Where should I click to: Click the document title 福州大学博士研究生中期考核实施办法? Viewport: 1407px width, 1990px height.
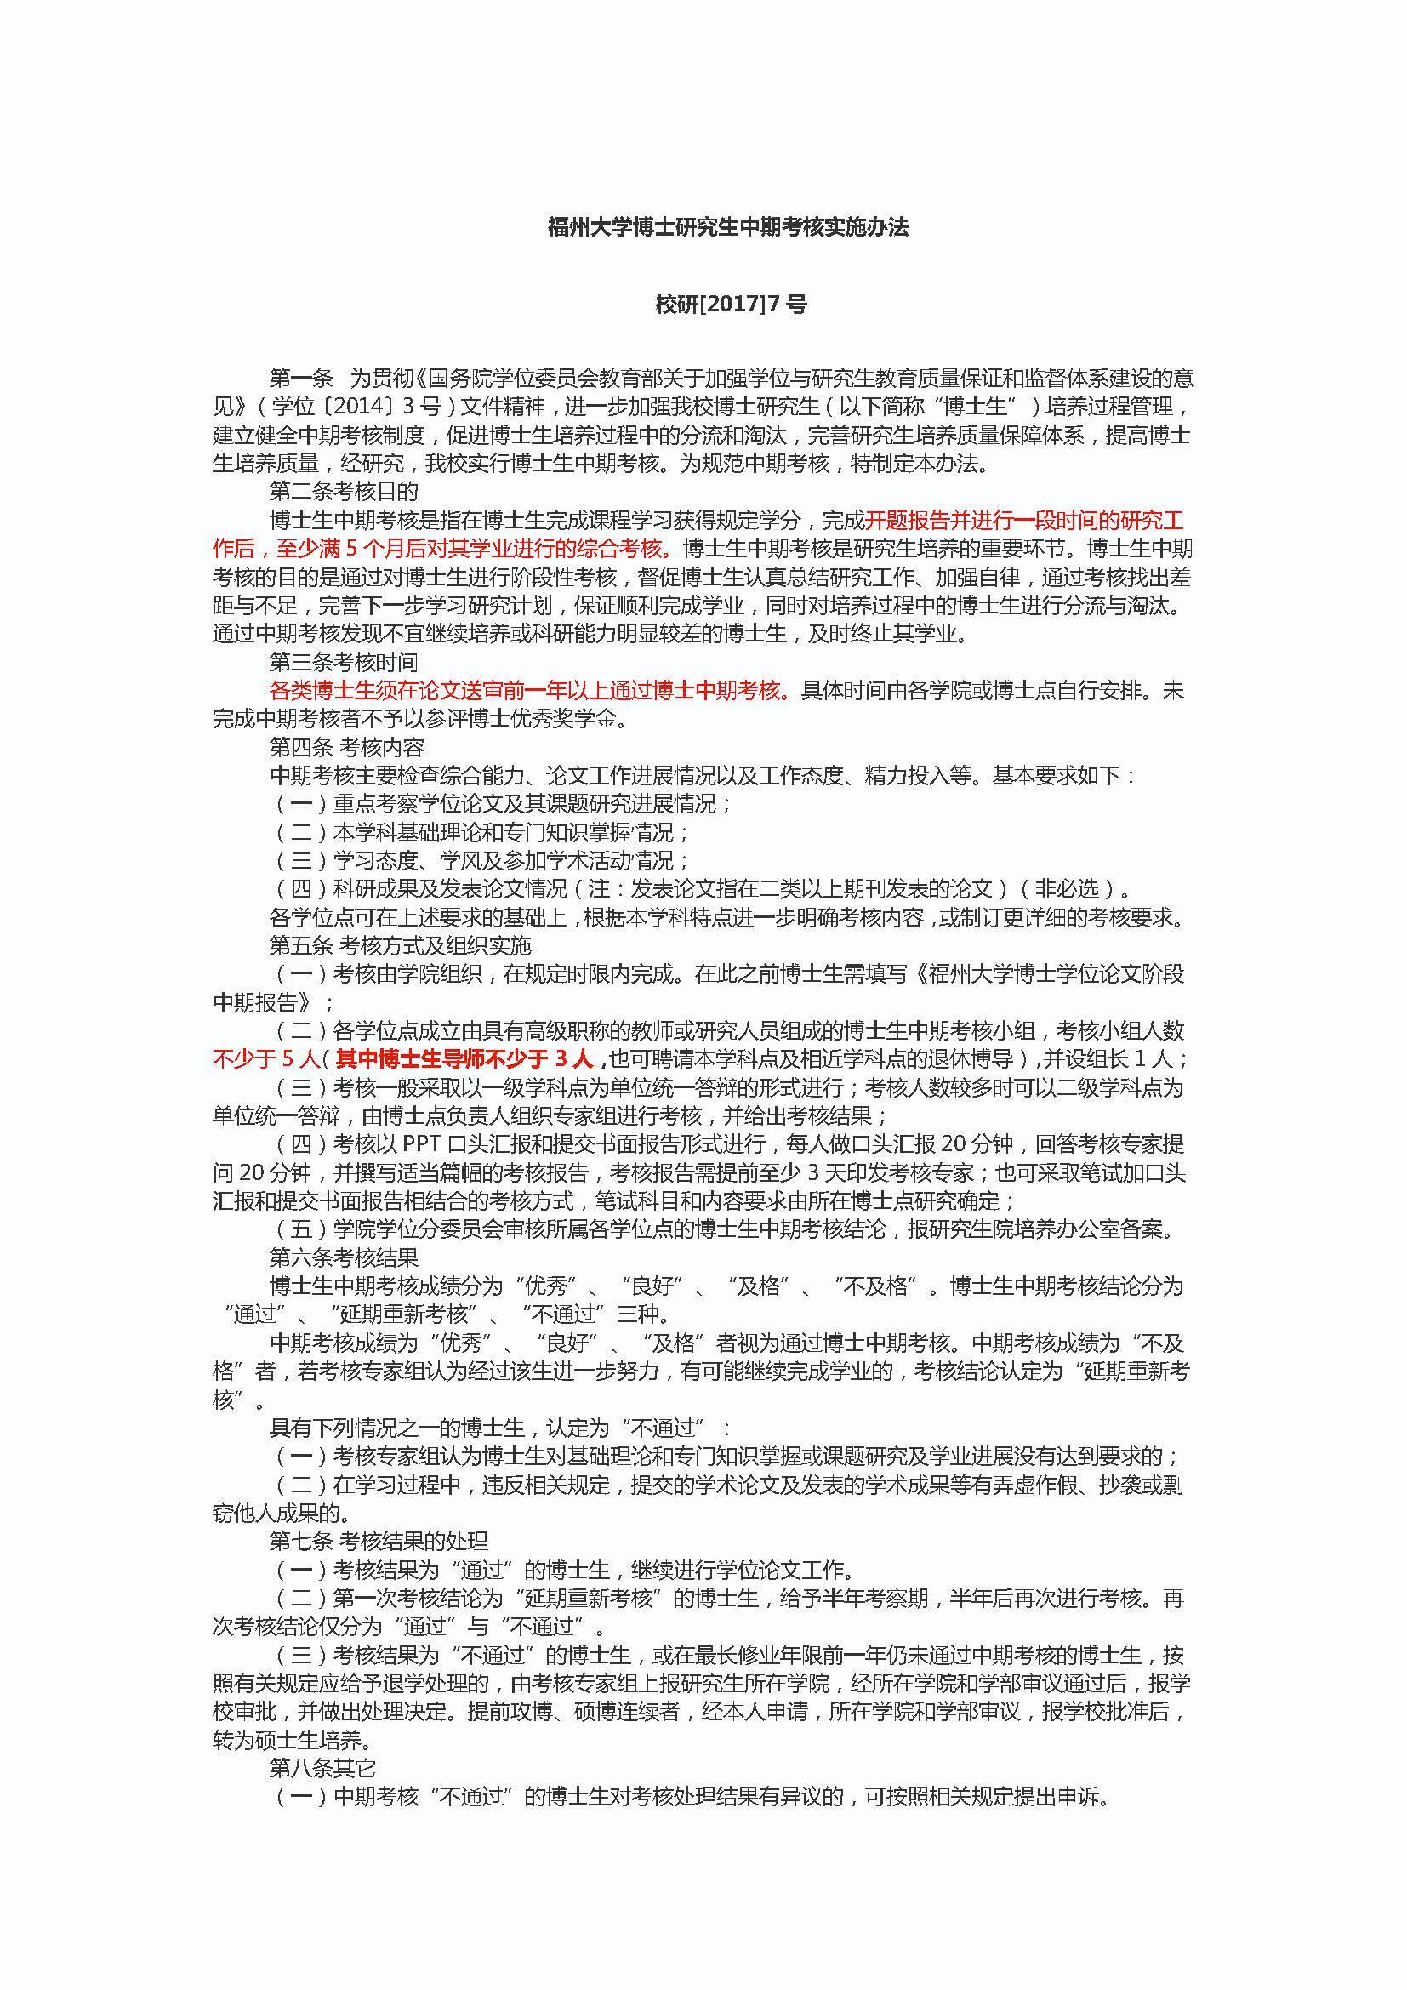pos(728,227)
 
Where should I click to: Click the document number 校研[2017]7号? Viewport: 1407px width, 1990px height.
pos(732,305)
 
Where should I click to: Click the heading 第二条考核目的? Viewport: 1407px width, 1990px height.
pos(344,492)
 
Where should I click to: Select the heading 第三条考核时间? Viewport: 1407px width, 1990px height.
pos(344,662)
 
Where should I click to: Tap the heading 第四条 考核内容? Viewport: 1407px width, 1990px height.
pos(346,747)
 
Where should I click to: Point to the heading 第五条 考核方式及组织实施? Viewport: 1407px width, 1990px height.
pos(401,944)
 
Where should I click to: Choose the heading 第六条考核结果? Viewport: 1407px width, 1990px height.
pos(344,1257)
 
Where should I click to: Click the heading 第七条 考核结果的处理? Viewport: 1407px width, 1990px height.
pos(379,1541)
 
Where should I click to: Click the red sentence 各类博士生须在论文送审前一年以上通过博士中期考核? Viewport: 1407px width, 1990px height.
pos(525,691)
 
